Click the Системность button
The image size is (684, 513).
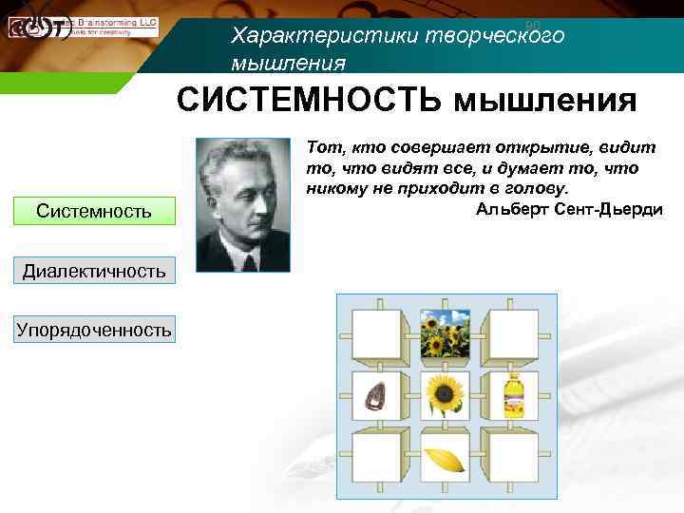(94, 210)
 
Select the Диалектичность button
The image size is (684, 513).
(94, 271)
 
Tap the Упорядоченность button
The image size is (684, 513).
(94, 330)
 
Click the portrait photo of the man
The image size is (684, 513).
(243, 205)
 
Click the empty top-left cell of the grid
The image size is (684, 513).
(377, 332)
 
